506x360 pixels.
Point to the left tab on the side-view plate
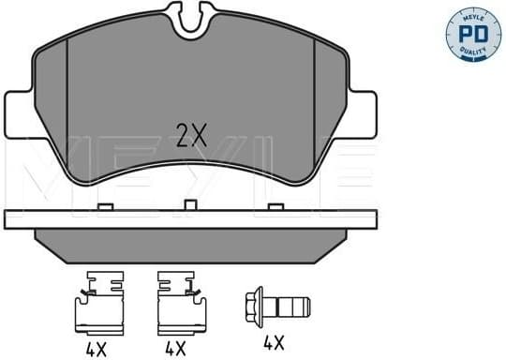coord(106,205)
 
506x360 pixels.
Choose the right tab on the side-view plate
coord(274,205)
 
